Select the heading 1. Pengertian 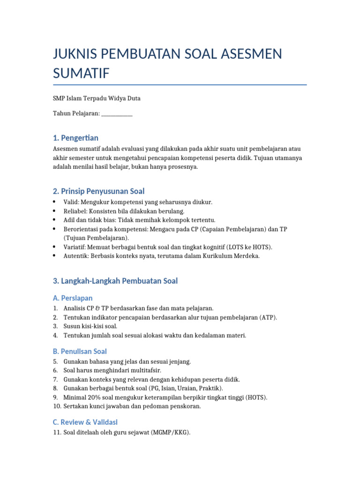(75, 138)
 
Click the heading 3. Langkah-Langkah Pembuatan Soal (115, 281)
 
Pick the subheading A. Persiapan (73, 298)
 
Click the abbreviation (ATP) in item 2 (268, 317)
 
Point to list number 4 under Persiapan (55, 335)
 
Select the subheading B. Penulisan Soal (80, 352)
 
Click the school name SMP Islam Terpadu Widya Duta (97, 98)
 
